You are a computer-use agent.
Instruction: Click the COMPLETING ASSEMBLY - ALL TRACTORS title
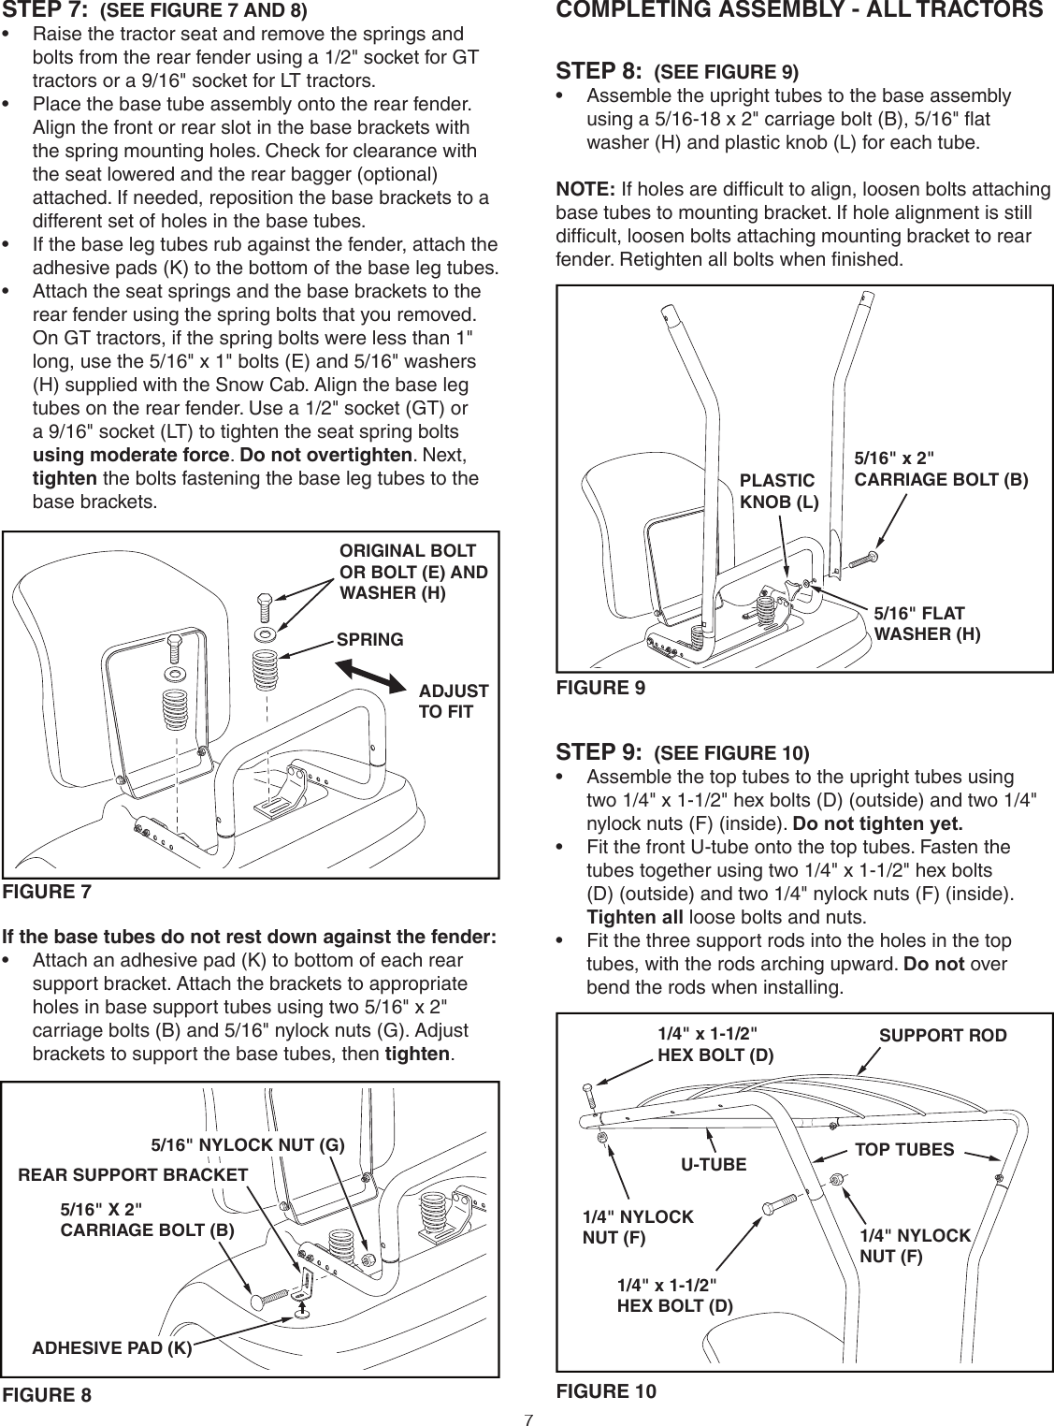(x=799, y=11)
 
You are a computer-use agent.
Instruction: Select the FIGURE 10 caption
(x=606, y=1390)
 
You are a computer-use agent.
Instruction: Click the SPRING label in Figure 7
(x=369, y=640)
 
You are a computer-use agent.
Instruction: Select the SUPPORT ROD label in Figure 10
(x=943, y=1036)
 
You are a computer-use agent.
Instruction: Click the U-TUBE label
(x=713, y=1165)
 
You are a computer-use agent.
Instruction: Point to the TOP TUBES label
(x=904, y=1149)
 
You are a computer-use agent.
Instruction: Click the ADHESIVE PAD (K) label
(x=112, y=1347)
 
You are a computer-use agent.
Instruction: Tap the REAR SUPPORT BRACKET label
(x=133, y=1174)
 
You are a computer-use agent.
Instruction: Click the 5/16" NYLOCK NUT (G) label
(x=248, y=1144)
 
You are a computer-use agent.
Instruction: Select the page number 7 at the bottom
(x=527, y=1419)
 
